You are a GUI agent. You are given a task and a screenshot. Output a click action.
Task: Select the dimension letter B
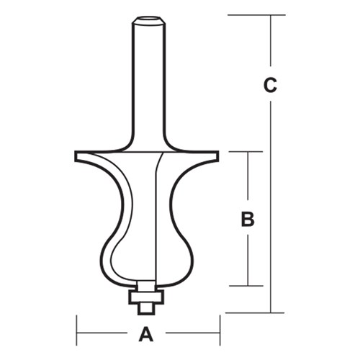(x=248, y=220)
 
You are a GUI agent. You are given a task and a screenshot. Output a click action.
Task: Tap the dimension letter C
(x=269, y=85)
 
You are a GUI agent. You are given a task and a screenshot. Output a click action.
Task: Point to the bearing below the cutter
(x=147, y=295)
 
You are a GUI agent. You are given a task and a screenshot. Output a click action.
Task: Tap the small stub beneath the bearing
(x=147, y=307)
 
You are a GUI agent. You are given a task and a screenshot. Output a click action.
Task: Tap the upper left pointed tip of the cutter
(x=76, y=153)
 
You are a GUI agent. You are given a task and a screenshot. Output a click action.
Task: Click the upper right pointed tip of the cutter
(x=217, y=153)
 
